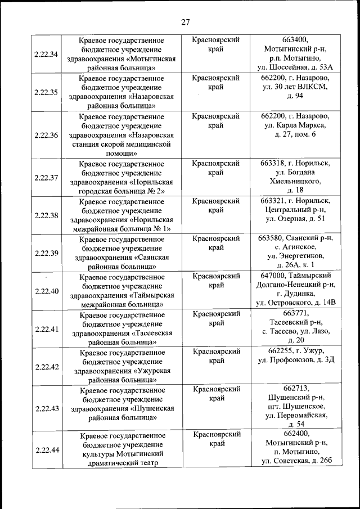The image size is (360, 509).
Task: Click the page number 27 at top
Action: [185, 22]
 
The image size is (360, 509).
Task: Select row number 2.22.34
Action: [46, 54]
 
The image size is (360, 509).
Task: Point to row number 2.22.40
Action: [46, 291]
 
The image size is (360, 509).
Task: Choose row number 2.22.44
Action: [46, 449]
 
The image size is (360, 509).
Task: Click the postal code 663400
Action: [295, 40]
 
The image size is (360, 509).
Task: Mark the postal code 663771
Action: [295, 313]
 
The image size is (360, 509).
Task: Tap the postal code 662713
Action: [295, 389]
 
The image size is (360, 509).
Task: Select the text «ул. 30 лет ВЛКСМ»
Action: [295, 87]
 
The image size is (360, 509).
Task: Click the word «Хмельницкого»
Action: [295, 182]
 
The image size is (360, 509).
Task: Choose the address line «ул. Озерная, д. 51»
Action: [295, 219]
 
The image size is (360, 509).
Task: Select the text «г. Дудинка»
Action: [295, 294]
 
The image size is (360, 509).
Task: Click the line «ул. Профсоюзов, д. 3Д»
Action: [295, 360]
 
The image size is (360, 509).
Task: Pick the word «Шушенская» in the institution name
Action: [152, 408]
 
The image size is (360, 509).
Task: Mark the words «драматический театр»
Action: [121, 463]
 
